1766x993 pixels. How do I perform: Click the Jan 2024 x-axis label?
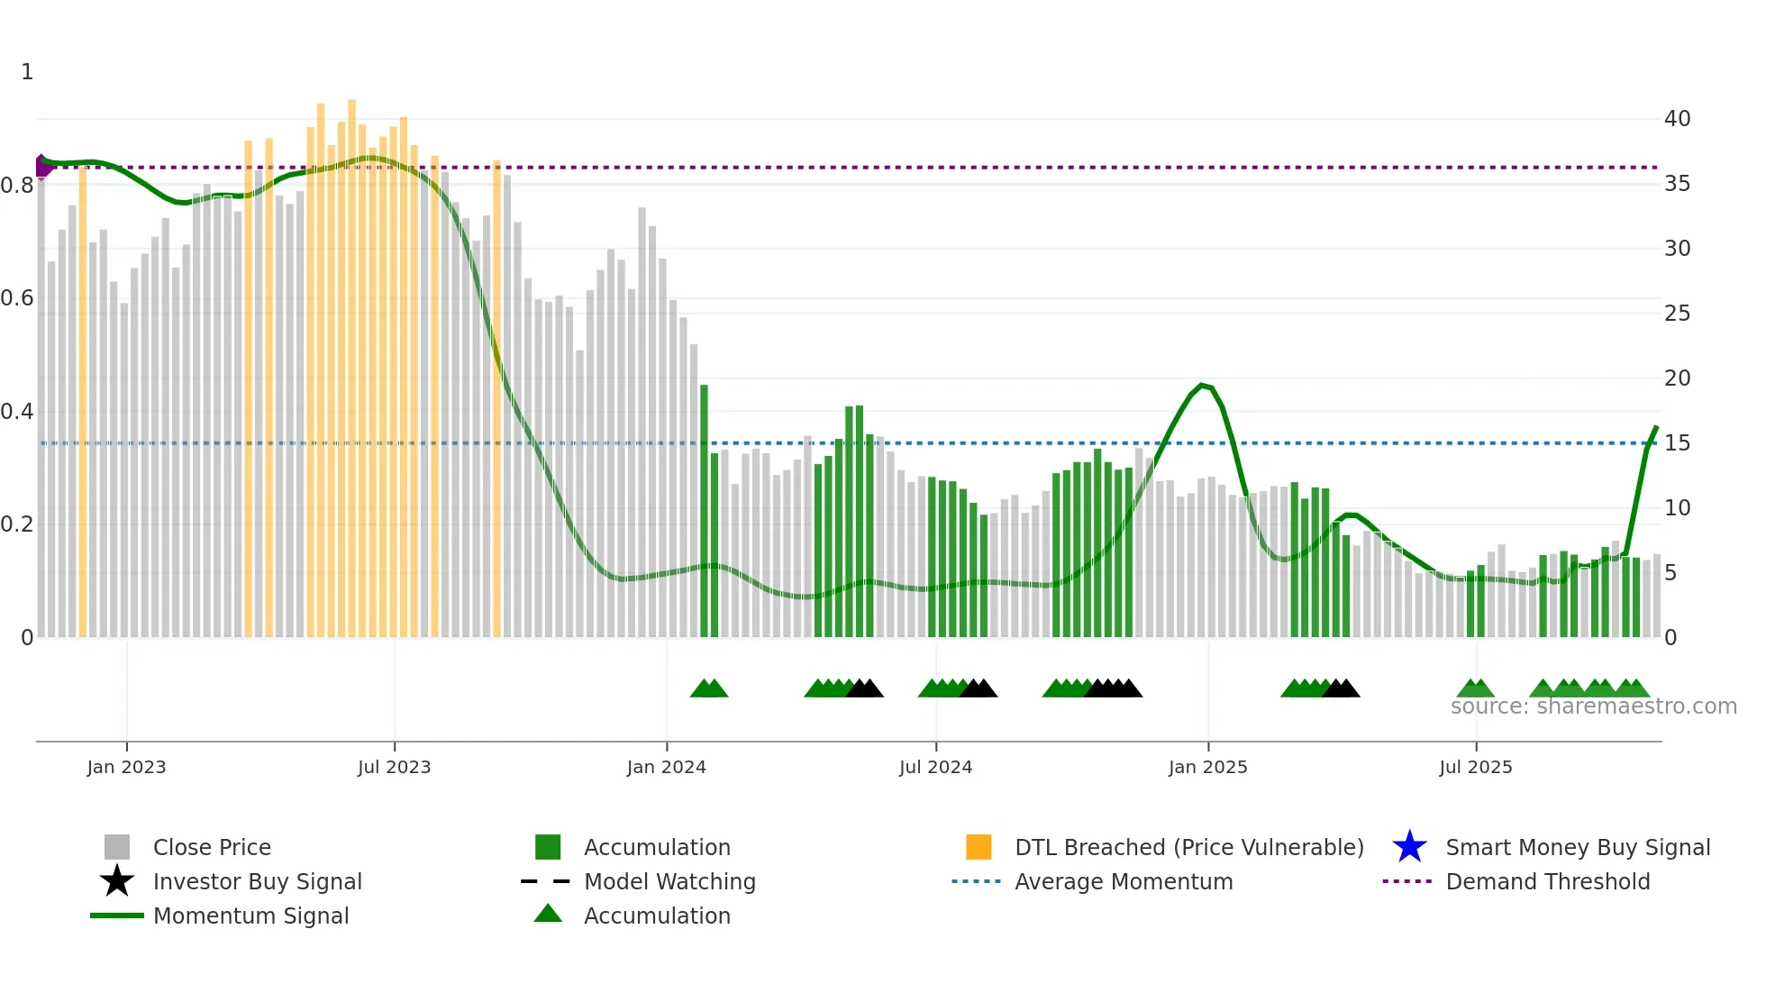pyautogui.click(x=666, y=767)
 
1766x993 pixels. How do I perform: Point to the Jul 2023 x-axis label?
pyautogui.click(x=394, y=767)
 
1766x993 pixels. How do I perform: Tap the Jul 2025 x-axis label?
pyautogui.click(x=1475, y=767)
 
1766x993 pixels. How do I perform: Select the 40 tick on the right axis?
pyautogui.click(x=1677, y=119)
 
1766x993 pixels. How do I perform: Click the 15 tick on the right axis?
pyautogui.click(x=1677, y=443)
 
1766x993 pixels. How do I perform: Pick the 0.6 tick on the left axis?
pyautogui.click(x=17, y=298)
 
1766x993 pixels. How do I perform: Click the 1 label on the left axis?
pyautogui.click(x=27, y=72)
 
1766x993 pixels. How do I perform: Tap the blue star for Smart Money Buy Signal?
pyautogui.click(x=1409, y=847)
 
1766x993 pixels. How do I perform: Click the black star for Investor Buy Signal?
pyautogui.click(x=117, y=881)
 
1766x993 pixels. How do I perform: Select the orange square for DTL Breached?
pyautogui.click(x=979, y=847)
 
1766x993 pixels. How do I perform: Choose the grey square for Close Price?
pyautogui.click(x=117, y=847)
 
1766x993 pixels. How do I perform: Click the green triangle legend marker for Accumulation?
pyautogui.click(x=548, y=915)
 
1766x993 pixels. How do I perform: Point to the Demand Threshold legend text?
pyautogui.click(x=1547, y=881)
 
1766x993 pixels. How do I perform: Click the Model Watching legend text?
pyautogui.click(x=669, y=881)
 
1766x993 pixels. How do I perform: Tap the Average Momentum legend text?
pyautogui.click(x=1124, y=881)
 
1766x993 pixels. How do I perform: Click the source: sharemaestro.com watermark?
pyautogui.click(x=1593, y=706)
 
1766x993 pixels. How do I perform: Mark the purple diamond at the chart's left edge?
pyautogui.click(x=42, y=166)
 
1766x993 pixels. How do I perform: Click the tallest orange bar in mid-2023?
pyautogui.click(x=351, y=360)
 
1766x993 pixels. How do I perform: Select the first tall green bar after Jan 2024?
pyautogui.click(x=704, y=505)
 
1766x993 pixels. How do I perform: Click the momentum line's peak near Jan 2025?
pyautogui.click(x=1202, y=385)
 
